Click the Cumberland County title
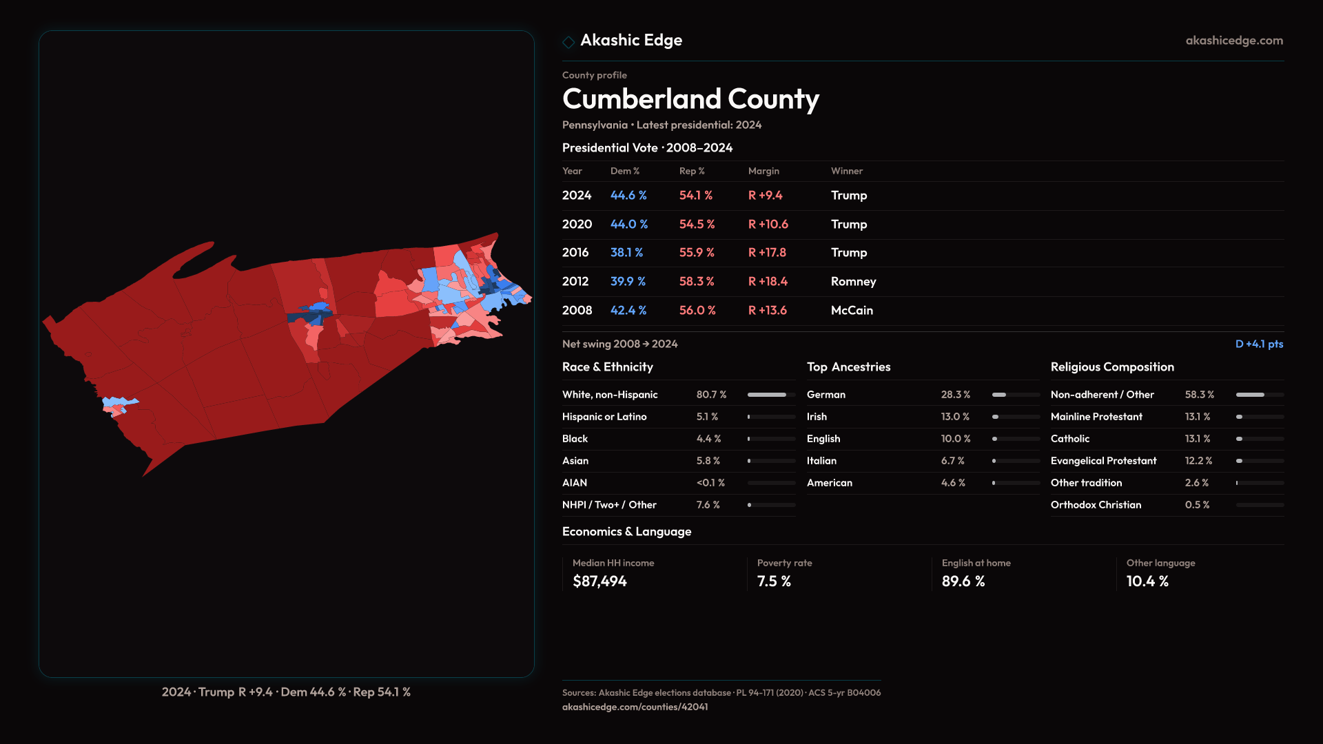click(x=690, y=99)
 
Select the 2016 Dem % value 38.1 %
click(x=626, y=253)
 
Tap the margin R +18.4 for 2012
click(x=768, y=282)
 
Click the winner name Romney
click(x=853, y=282)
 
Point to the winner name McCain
click(x=852, y=311)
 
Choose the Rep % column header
click(x=692, y=171)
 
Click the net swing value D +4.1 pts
click(x=1259, y=344)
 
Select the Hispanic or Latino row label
click(x=604, y=417)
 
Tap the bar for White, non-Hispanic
click(x=771, y=395)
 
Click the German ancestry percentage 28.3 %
click(x=956, y=395)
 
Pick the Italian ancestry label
click(x=821, y=461)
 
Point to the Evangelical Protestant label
click(x=1103, y=461)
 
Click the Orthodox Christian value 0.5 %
click(x=1197, y=505)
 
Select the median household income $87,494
click(x=599, y=581)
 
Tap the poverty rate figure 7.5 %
click(x=774, y=581)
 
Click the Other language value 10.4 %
click(x=1147, y=581)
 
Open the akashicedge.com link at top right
click(x=1234, y=41)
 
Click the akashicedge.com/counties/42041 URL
click(x=635, y=707)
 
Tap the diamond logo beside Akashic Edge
click(x=568, y=42)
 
